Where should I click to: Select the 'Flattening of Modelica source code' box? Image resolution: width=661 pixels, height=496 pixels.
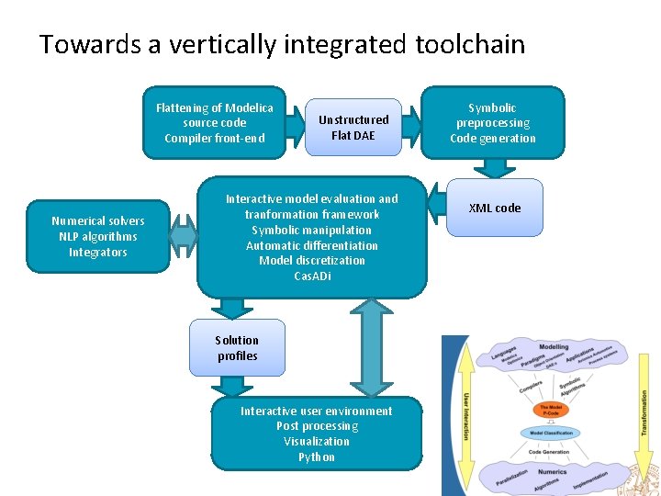(214, 123)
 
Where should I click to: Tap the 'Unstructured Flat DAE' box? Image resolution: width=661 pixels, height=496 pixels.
(353, 128)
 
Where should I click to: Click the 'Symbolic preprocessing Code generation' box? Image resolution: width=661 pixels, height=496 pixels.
(493, 123)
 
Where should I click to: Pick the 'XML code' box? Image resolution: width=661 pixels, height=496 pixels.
(495, 209)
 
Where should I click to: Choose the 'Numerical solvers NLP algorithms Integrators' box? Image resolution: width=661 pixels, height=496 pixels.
(98, 237)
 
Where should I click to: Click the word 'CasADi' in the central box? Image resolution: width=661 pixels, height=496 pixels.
(312, 276)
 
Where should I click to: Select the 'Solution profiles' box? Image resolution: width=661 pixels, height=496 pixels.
(237, 348)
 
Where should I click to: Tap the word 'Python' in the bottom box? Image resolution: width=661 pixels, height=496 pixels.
(316, 457)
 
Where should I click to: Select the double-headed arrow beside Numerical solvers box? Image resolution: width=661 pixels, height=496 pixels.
(184, 237)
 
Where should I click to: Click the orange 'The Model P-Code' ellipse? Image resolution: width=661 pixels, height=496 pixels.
(551, 411)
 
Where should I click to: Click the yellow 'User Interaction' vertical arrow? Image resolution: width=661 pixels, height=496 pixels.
(465, 416)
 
